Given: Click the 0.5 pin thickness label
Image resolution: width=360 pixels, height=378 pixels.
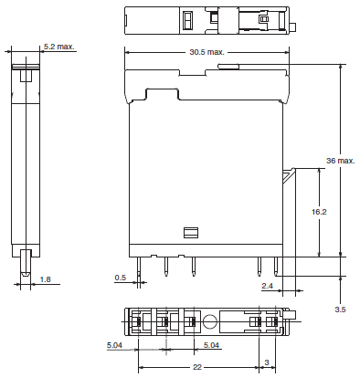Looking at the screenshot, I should (120, 278).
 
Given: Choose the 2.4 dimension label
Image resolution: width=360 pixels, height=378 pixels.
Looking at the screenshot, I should (266, 285).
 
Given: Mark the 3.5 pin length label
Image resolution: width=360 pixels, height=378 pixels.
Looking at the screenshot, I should (341, 310).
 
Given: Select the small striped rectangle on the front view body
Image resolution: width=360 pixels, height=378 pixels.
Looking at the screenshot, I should (190, 233).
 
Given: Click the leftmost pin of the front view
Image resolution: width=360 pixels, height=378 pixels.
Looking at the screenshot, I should (139, 266).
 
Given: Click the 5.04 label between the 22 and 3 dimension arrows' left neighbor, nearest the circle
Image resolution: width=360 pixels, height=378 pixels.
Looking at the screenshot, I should (210, 345).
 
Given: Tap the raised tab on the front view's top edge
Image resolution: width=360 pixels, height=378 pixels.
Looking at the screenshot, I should (229, 66).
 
